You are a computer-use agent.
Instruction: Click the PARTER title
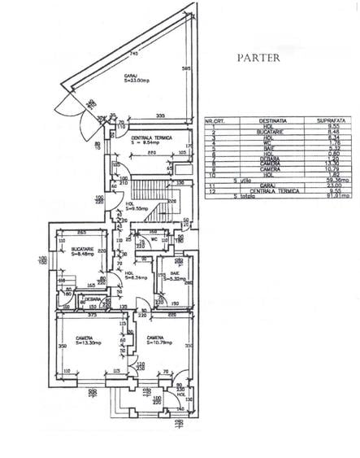tap(258, 59)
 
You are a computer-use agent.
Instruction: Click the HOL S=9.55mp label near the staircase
tap(137, 207)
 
